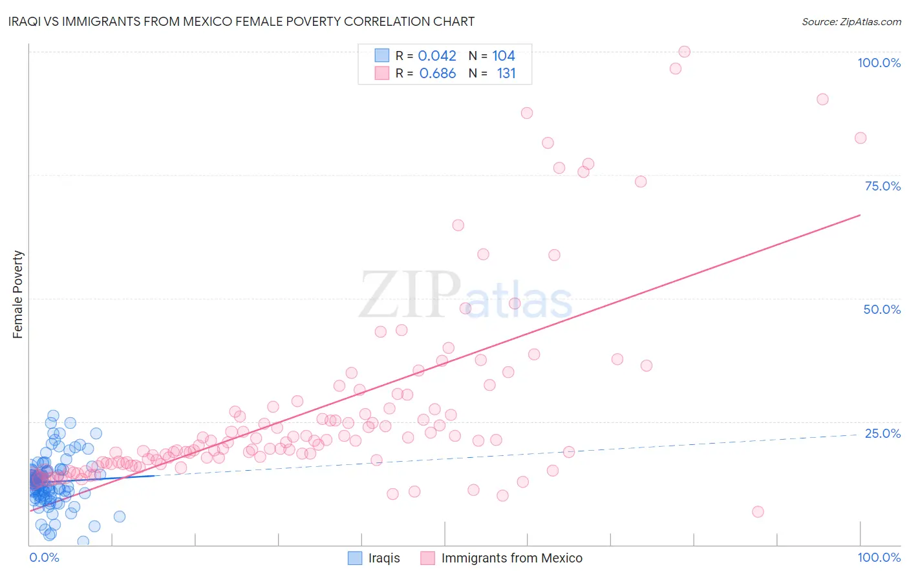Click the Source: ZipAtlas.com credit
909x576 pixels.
coord(851,21)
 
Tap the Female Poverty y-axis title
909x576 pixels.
coord(18,294)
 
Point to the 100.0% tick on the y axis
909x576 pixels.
coord(879,63)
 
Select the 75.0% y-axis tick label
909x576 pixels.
coord(882,186)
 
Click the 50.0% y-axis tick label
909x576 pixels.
coord(882,309)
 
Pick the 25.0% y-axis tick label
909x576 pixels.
coord(882,433)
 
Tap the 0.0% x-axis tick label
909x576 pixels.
coord(44,557)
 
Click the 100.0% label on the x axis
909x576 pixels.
coord(879,557)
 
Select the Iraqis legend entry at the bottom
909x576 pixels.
coord(384,558)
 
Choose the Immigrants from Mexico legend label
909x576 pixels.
coord(511,558)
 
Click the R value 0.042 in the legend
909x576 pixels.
coord(437,56)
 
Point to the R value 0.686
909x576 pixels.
coord(438,74)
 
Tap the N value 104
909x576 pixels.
coord(504,56)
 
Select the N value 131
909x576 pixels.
coord(506,74)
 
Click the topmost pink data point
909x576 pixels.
coord(684,52)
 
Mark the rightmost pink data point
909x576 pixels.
coord(860,138)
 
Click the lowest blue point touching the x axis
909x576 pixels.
coord(83,541)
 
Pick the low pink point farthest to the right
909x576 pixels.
coord(758,511)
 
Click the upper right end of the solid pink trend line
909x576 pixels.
coord(860,215)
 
